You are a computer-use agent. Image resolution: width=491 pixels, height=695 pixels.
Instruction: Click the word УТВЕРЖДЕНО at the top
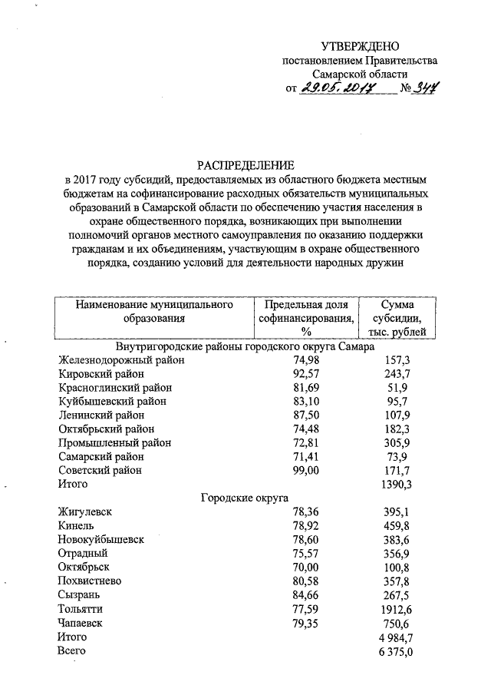(x=360, y=47)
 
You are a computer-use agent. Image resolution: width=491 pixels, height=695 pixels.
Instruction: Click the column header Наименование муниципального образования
(x=154, y=311)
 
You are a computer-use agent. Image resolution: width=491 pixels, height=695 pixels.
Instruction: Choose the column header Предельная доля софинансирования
(x=306, y=318)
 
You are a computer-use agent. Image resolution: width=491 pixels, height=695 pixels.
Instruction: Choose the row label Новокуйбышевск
(x=101, y=539)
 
